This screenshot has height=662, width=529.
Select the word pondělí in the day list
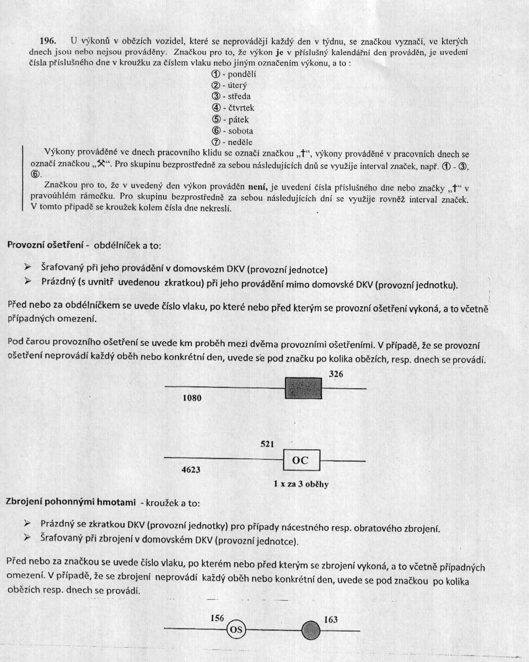click(242, 74)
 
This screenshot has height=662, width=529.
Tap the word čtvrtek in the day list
click(241, 108)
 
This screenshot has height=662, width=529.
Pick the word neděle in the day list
click(240, 142)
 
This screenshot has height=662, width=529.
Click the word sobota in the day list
click(240, 131)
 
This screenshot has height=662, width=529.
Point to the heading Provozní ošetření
click(45, 245)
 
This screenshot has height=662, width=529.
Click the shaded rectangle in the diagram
click(303, 388)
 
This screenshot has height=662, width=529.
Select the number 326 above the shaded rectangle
click(336, 374)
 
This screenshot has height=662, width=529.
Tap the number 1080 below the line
click(192, 398)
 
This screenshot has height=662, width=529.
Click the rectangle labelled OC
click(301, 461)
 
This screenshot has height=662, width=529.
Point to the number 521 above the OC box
click(267, 444)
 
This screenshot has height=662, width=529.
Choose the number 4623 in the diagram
click(191, 470)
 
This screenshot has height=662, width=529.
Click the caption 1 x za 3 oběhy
click(301, 484)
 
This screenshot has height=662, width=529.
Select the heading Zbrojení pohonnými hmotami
click(71, 502)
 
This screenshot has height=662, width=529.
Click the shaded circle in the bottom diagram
click(310, 630)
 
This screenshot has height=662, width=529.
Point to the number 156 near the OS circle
click(217, 618)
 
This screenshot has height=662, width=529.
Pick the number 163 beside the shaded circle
click(331, 619)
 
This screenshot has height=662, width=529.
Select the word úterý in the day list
click(237, 86)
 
